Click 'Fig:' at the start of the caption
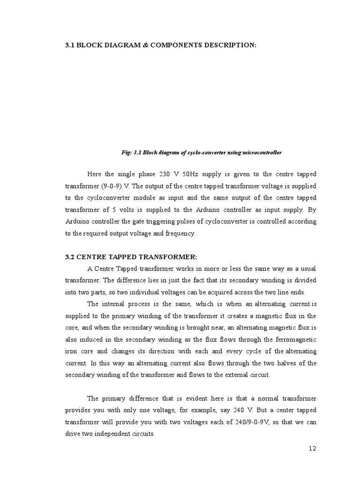point(126,152)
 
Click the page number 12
point(313,449)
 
